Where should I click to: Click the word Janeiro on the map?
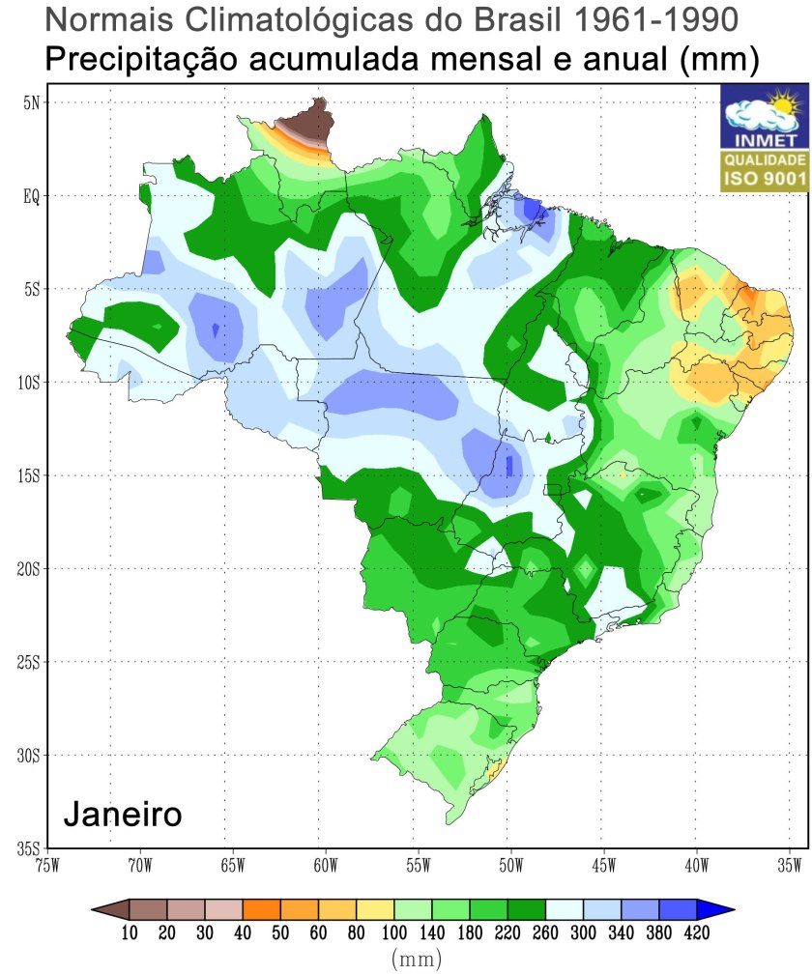(122, 814)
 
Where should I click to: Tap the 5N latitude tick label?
(30, 102)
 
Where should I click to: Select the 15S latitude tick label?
(28, 475)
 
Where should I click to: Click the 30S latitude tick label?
(28, 755)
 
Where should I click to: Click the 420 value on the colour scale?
(696, 932)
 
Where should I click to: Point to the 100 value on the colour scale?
(393, 932)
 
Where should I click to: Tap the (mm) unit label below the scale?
(417, 960)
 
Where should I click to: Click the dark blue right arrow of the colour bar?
(717, 908)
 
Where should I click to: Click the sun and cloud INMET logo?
(764, 113)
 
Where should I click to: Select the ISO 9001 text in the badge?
(764, 178)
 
